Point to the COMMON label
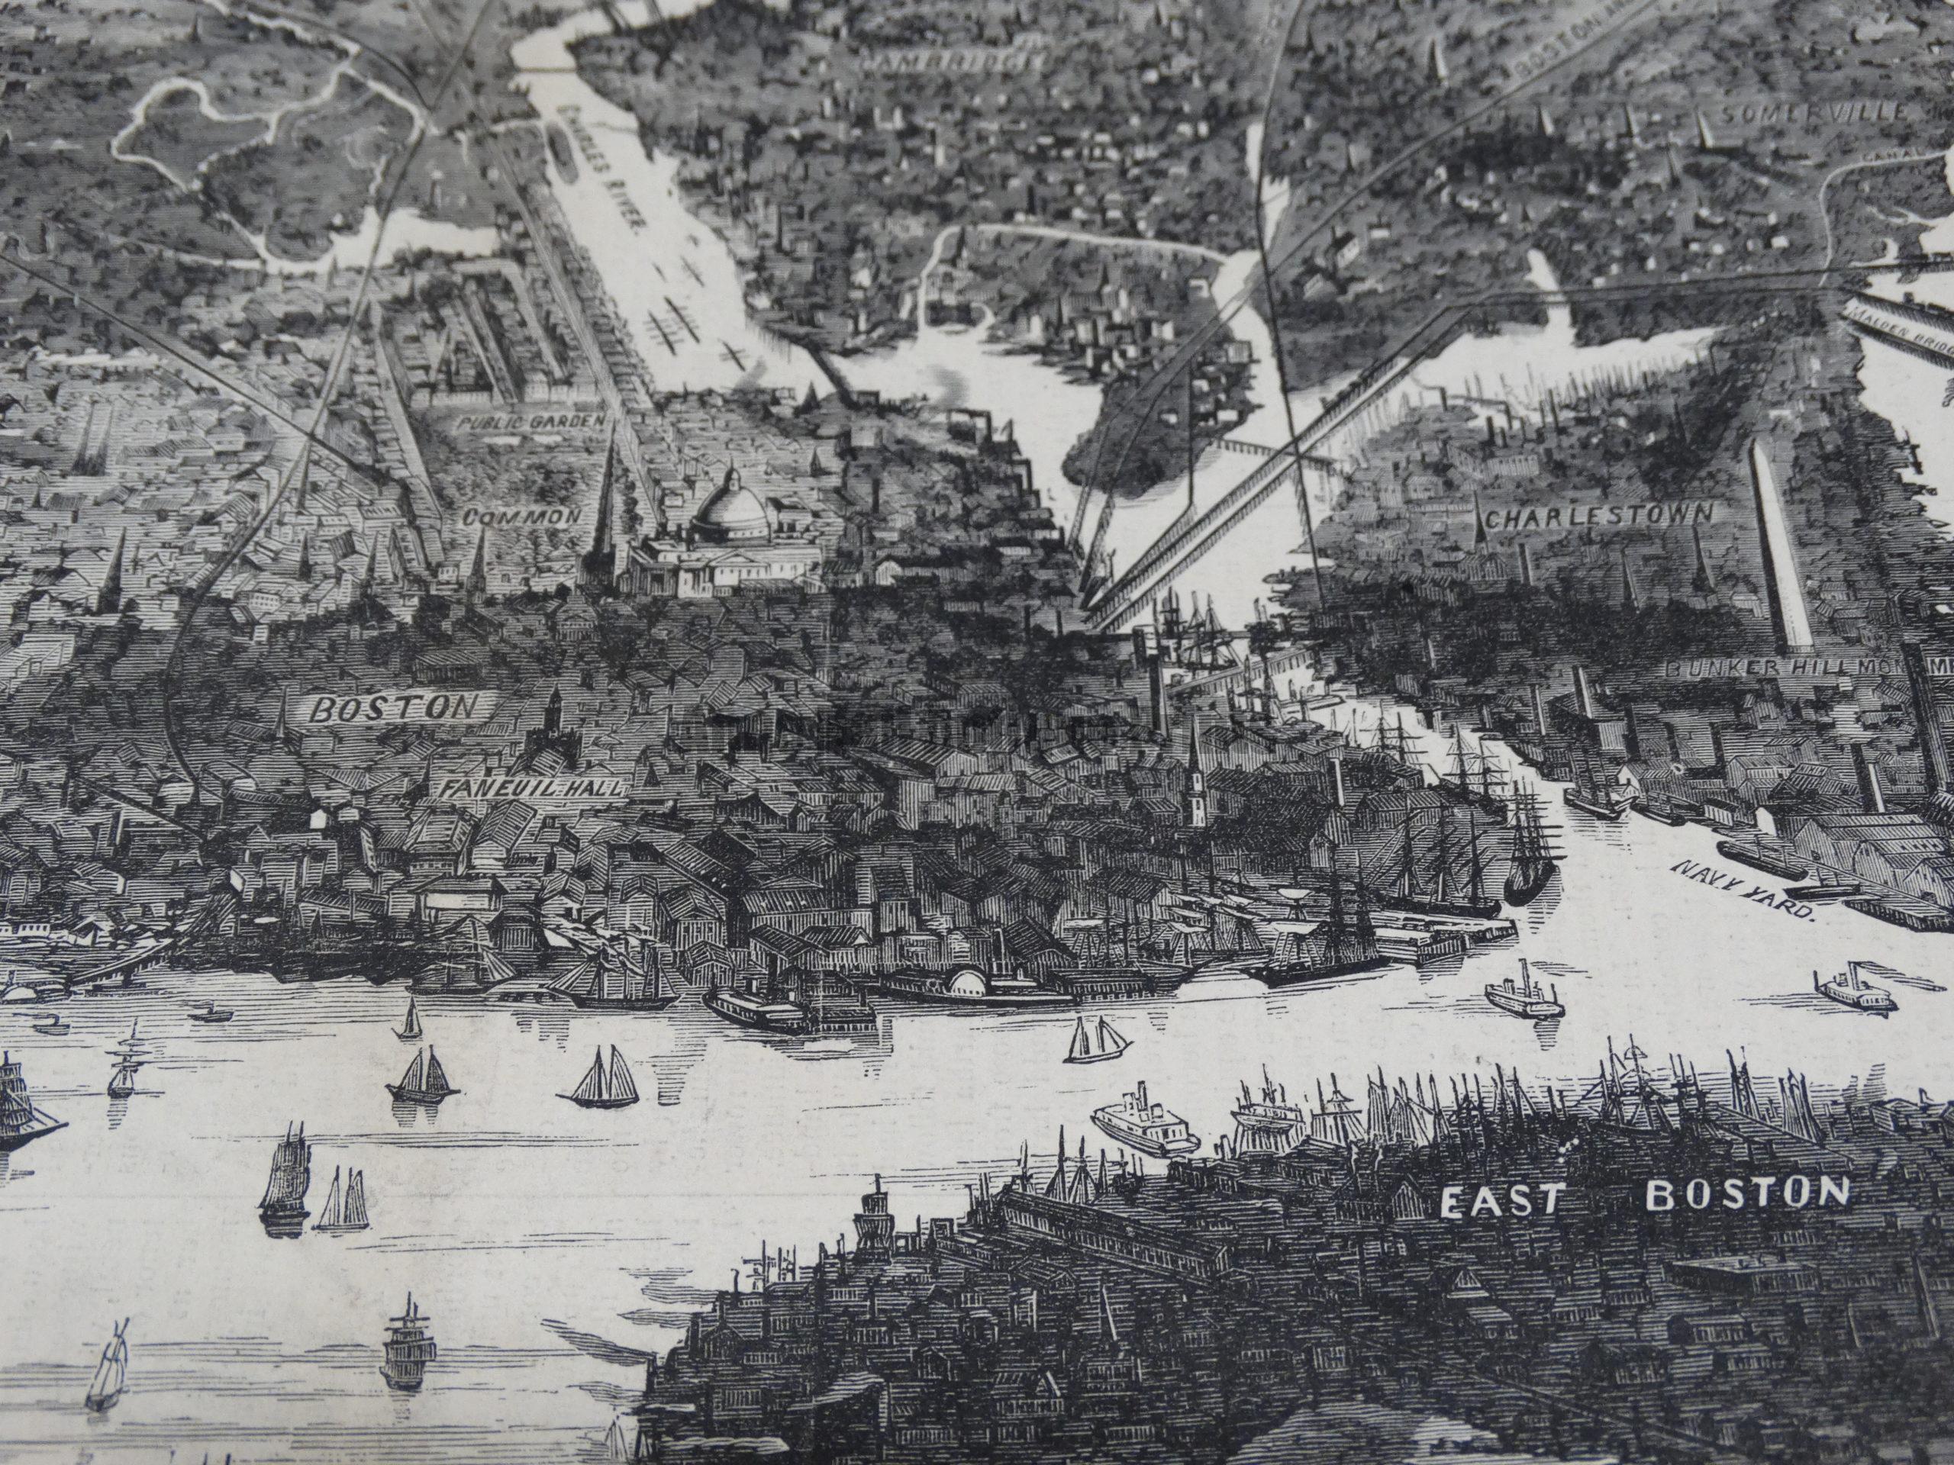(523, 516)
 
